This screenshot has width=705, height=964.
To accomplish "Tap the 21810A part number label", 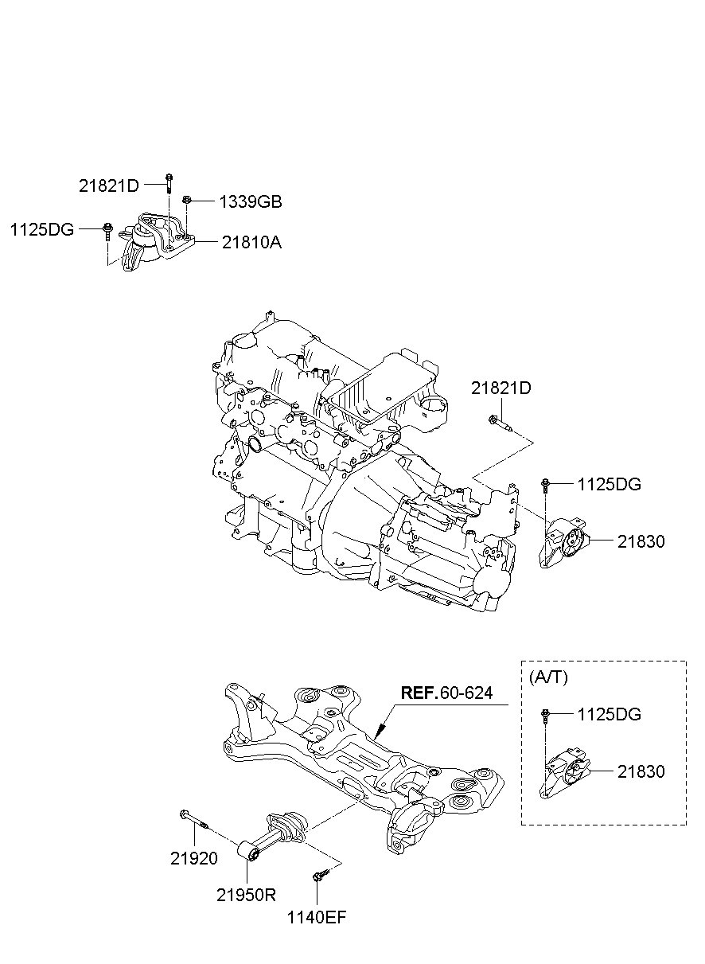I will (x=251, y=241).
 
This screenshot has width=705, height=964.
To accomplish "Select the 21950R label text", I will (x=246, y=894).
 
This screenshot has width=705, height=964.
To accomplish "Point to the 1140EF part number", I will (x=317, y=917).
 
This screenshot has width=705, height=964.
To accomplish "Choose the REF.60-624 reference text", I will (x=446, y=693).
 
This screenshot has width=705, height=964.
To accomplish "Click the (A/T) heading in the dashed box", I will (x=547, y=677).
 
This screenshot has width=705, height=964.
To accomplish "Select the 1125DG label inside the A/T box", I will (x=610, y=714).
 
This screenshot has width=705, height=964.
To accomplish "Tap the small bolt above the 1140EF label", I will (x=319, y=876).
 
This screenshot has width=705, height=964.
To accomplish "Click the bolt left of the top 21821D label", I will (x=169, y=182).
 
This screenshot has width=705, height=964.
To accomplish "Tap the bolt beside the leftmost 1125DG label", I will (x=107, y=232).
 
